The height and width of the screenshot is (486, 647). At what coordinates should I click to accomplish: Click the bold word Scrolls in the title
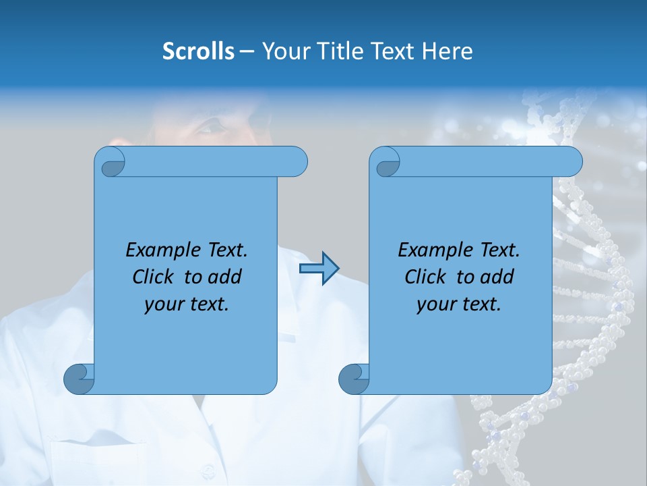pyautogui.click(x=199, y=51)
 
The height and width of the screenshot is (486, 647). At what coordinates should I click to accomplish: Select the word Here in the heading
pyautogui.click(x=447, y=51)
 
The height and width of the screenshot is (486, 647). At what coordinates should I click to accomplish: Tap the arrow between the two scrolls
pyautogui.click(x=319, y=268)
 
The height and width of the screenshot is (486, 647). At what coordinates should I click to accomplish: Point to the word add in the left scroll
pyautogui.click(x=226, y=277)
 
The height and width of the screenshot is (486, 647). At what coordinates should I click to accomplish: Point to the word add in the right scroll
pyautogui.click(x=498, y=277)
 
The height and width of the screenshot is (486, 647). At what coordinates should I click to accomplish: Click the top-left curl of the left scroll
pyautogui.click(x=111, y=163)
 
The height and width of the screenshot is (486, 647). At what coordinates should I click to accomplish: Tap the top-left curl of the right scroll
pyautogui.click(x=386, y=163)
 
